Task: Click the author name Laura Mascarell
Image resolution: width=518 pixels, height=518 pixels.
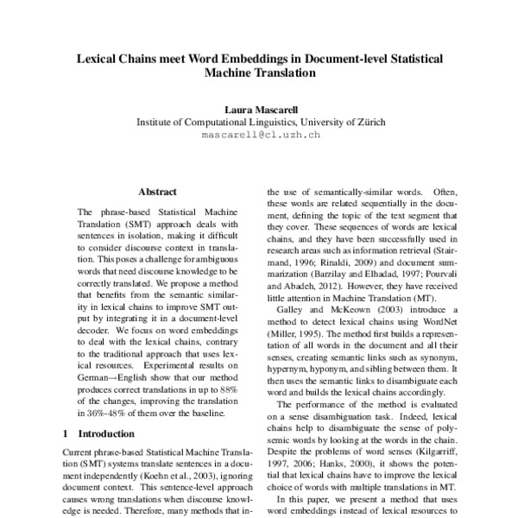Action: (x=260, y=109)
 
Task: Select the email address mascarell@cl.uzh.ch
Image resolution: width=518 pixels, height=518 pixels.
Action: (x=260, y=136)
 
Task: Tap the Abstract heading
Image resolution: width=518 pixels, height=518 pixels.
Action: (x=158, y=192)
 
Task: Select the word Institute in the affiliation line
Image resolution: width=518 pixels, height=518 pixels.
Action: (x=158, y=123)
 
